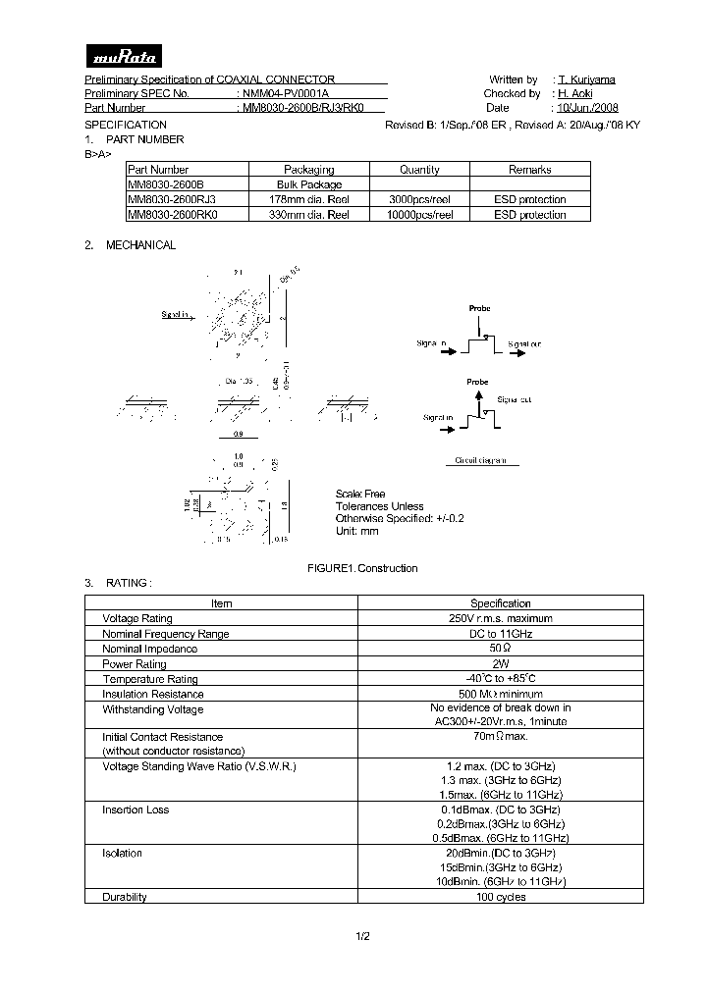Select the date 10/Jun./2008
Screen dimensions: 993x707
[x=587, y=108]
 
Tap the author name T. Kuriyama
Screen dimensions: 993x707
[x=588, y=79]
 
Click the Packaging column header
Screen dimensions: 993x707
[x=309, y=170]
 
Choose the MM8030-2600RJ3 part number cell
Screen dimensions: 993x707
[x=172, y=199]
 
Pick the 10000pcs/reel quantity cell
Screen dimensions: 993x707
[x=419, y=214]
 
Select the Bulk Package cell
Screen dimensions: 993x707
[x=309, y=184]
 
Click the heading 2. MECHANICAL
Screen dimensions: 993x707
[x=131, y=245]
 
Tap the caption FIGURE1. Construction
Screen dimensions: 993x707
[x=363, y=568]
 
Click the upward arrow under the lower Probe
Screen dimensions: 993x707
[x=478, y=398]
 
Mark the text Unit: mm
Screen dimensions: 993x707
[x=356, y=531]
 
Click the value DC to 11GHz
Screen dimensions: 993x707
[x=501, y=634]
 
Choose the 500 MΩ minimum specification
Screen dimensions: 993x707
[x=501, y=694]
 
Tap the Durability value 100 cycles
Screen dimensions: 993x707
[x=501, y=897]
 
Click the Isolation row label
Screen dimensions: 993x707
[x=123, y=853]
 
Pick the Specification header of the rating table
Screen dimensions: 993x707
[x=501, y=603]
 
